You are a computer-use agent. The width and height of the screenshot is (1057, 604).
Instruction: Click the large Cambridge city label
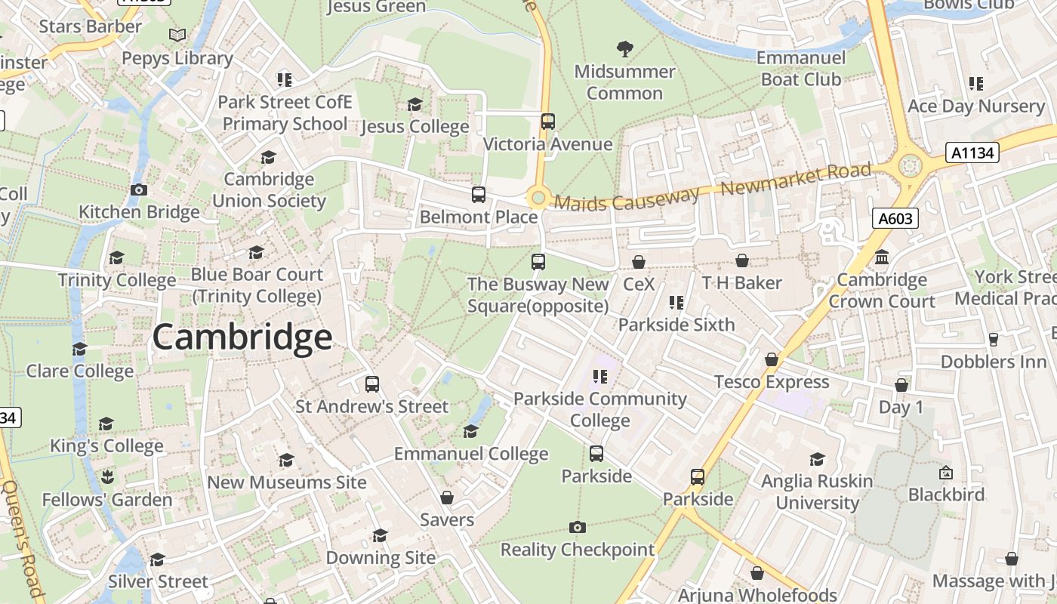click(x=242, y=337)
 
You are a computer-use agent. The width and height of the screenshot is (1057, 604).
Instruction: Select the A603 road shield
click(x=896, y=219)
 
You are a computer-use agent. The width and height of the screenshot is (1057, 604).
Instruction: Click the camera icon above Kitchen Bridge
click(x=139, y=190)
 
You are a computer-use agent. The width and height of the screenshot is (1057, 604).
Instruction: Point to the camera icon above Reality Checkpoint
click(x=578, y=527)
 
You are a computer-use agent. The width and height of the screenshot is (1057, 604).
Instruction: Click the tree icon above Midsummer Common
click(x=624, y=49)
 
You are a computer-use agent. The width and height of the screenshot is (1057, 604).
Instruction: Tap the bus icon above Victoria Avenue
click(x=548, y=121)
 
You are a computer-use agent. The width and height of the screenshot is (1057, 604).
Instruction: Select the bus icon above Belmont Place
click(x=479, y=195)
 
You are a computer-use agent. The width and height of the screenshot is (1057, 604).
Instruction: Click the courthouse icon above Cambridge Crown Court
click(x=882, y=258)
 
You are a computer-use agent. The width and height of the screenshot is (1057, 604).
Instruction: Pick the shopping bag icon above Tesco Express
click(x=772, y=359)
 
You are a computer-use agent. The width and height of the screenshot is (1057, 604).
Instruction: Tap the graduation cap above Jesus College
click(x=414, y=104)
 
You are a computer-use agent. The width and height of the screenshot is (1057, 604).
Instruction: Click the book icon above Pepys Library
click(x=177, y=35)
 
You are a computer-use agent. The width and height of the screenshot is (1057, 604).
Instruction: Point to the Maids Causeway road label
click(x=627, y=199)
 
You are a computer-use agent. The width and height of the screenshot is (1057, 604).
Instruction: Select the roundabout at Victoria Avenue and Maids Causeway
click(x=538, y=199)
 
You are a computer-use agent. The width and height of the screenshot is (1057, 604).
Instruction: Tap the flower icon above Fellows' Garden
click(x=106, y=477)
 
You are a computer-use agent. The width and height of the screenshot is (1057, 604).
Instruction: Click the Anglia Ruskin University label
click(x=817, y=492)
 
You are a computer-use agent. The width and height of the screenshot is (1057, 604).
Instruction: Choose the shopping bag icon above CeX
click(x=639, y=262)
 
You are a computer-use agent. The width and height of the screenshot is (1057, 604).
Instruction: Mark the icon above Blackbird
click(x=946, y=473)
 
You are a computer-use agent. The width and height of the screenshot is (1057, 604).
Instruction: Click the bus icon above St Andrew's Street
click(x=371, y=384)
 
